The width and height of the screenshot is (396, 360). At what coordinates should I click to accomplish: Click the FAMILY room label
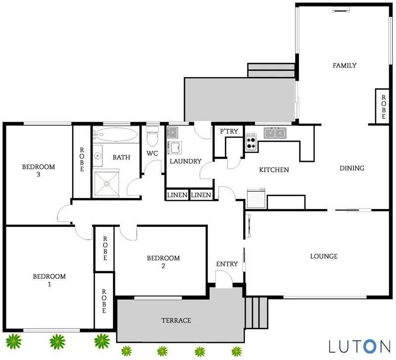coord(345,65)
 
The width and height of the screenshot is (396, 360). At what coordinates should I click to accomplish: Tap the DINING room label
coord(352,168)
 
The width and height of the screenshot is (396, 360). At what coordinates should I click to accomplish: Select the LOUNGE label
coord(324,256)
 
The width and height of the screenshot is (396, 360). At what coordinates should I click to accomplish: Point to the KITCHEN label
coord(274,170)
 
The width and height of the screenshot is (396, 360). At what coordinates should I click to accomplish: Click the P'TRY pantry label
coord(229,131)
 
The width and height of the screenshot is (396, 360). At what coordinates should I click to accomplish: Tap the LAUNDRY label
coord(186,161)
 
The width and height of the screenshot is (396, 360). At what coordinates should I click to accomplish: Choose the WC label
coord(152,153)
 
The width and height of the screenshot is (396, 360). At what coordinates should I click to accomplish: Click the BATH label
coord(121,157)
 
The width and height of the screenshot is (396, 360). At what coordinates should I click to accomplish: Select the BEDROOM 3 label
coord(38,170)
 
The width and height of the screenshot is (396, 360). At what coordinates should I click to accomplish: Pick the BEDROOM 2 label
coord(163,262)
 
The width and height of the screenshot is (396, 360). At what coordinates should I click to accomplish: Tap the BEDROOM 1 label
coord(49,280)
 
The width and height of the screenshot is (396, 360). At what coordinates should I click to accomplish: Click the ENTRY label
coord(227,264)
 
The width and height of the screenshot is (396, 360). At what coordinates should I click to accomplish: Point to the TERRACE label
coord(176,320)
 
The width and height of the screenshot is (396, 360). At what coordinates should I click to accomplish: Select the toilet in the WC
coord(152,133)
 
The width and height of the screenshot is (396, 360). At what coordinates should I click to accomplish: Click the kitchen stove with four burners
coord(251,143)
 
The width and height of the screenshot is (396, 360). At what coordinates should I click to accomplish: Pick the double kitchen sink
coord(274,132)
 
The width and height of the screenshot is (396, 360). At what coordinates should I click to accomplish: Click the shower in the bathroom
coord(107,183)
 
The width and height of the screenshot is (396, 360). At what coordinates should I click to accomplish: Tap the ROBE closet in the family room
coord(381,105)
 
